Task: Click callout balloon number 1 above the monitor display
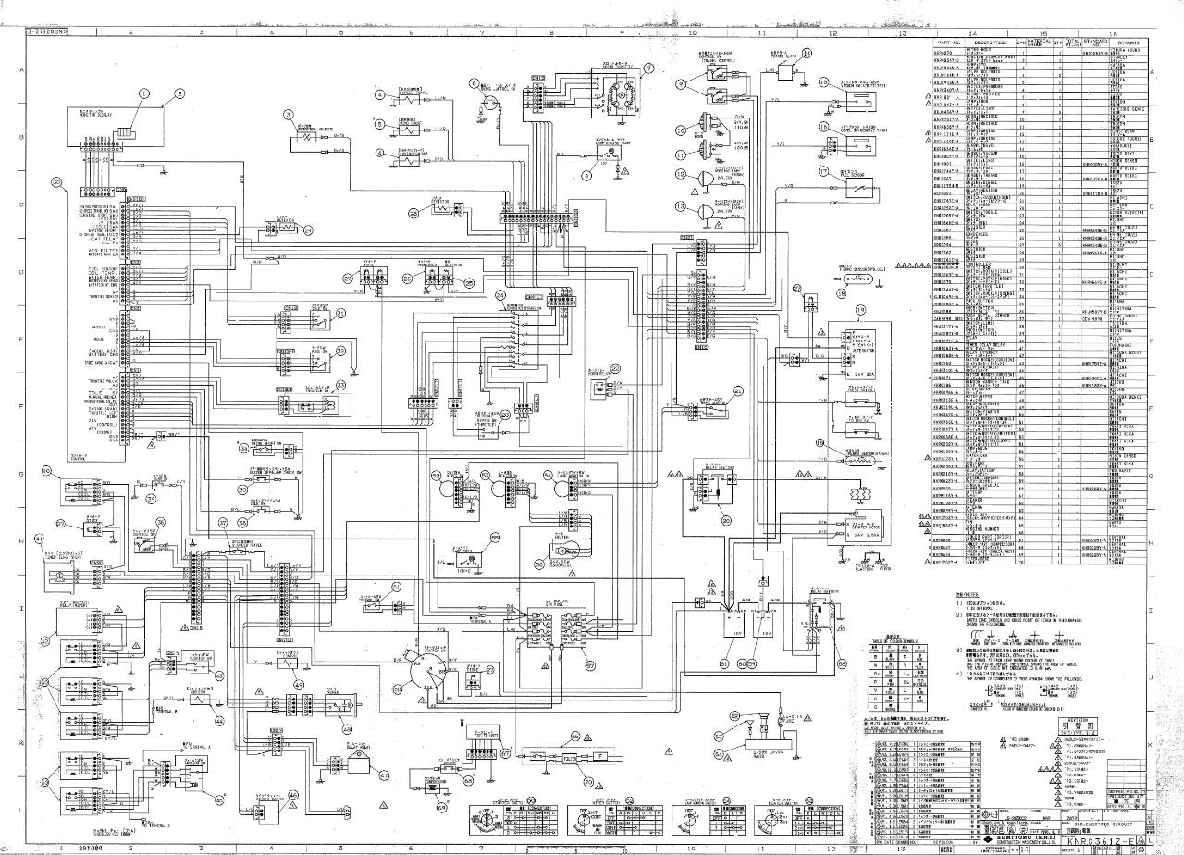[143, 93]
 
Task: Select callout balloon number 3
[289, 116]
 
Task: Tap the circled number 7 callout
[648, 68]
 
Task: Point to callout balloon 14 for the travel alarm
[807, 54]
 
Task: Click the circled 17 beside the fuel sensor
[822, 171]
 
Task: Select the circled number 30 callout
[56, 182]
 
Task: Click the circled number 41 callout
[38, 539]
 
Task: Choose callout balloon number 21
[738, 391]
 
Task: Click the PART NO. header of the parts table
[950, 43]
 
